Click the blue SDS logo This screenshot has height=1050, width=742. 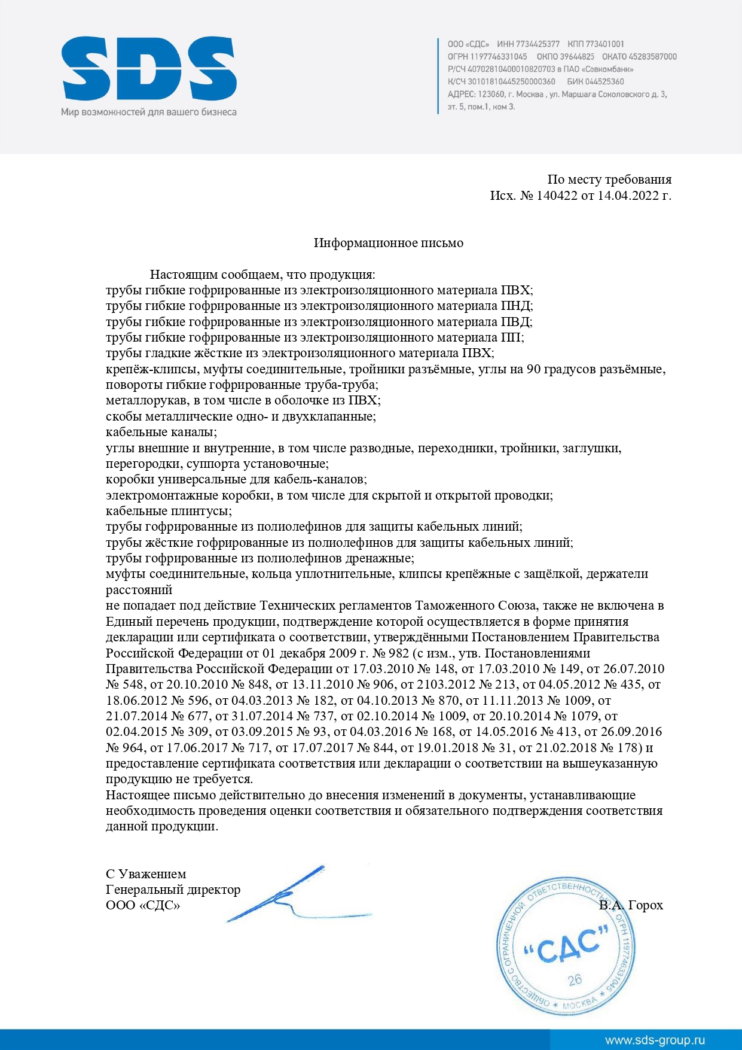(x=149, y=69)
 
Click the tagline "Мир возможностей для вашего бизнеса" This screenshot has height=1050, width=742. (x=148, y=112)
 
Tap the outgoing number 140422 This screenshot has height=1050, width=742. (x=556, y=196)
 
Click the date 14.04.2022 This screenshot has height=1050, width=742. (x=628, y=196)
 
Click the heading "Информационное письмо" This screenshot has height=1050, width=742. (x=389, y=243)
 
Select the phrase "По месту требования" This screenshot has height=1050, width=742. (x=609, y=179)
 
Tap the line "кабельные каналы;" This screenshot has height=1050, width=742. (x=161, y=432)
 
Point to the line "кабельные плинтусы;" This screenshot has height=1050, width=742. (x=169, y=511)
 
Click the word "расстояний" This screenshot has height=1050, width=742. (x=139, y=590)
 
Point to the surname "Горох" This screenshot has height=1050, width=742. (x=646, y=905)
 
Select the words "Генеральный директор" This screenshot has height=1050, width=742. (x=173, y=890)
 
